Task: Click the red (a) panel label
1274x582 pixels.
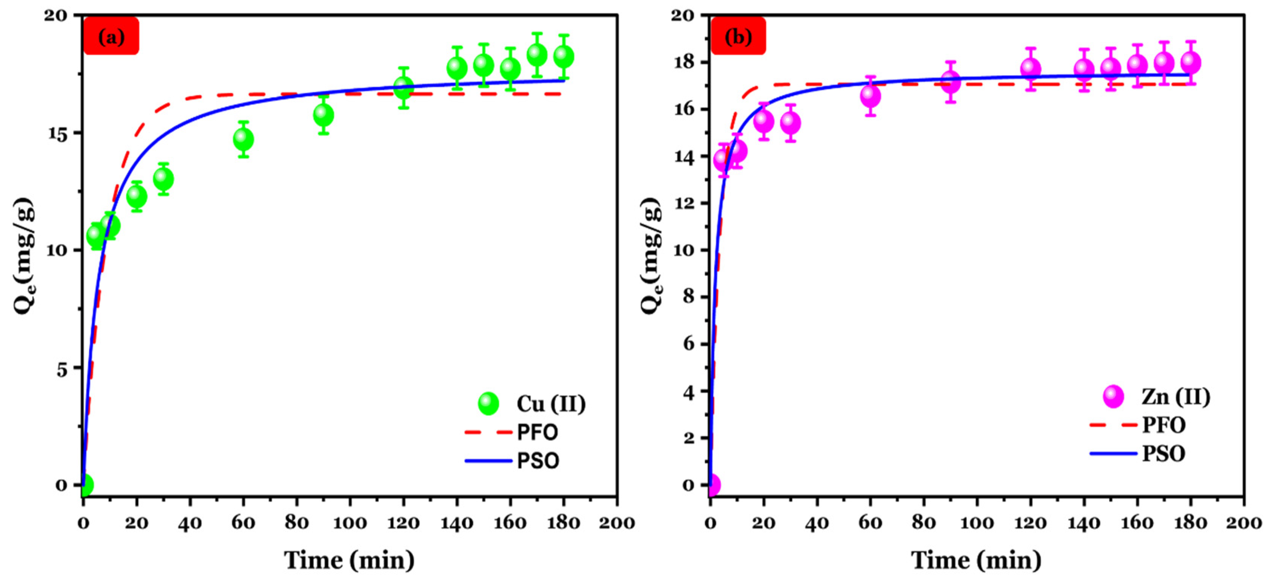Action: click(111, 36)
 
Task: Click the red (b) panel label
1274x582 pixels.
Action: click(738, 36)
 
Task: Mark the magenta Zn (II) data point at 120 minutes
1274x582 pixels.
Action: click(1031, 69)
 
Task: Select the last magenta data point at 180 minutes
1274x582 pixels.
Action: click(1190, 62)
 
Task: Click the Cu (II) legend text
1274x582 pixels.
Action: click(551, 404)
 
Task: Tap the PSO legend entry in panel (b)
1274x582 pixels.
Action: click(1163, 453)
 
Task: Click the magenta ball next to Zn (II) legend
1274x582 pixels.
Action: click(1113, 396)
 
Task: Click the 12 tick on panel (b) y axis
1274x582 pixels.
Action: click(684, 203)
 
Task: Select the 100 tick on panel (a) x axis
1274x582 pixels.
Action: click(350, 523)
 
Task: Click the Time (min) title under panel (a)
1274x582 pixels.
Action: click(349, 560)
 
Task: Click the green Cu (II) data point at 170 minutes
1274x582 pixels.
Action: click(537, 54)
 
